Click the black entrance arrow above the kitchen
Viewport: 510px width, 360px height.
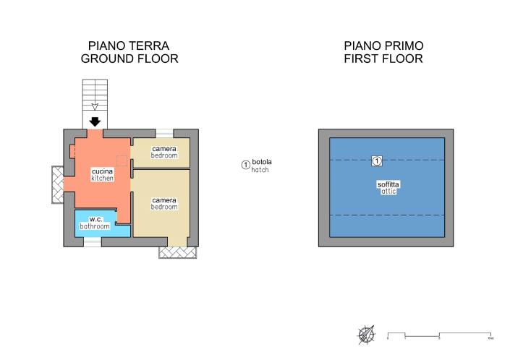(x=94, y=121)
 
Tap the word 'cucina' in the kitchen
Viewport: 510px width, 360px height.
(x=102, y=171)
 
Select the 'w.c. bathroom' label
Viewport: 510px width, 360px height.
(x=95, y=223)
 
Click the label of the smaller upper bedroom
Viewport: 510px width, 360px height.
(x=164, y=152)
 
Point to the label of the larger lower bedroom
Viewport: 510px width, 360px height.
(x=164, y=202)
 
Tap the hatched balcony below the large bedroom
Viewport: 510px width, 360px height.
(x=177, y=252)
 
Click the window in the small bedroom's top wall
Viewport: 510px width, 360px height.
(x=165, y=133)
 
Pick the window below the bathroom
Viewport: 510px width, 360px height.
(x=92, y=242)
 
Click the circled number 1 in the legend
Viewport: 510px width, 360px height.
(x=245, y=165)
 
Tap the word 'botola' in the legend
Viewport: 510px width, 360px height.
(x=261, y=161)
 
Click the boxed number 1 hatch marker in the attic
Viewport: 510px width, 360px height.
(x=376, y=160)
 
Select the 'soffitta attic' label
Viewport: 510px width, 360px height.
(x=388, y=188)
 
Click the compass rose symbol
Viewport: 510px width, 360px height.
(x=366, y=335)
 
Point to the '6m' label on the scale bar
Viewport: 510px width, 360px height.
(x=490, y=338)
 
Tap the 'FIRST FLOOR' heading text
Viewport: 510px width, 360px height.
(x=383, y=59)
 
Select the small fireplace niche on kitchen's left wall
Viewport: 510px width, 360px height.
(x=73, y=150)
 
